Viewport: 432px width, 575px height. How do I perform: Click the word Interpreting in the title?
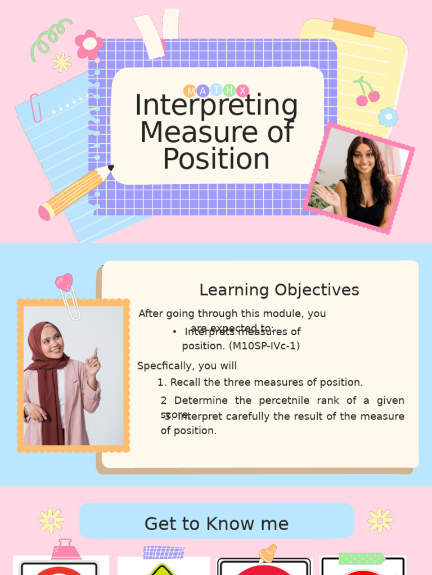pyautogui.click(x=217, y=107)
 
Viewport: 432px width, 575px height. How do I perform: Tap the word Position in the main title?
pyautogui.click(x=217, y=159)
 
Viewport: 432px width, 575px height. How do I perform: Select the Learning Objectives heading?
pyautogui.click(x=279, y=290)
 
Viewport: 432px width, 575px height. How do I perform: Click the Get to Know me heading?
pyautogui.click(x=217, y=523)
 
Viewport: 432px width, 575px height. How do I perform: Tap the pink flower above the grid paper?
pyautogui.click(x=89, y=44)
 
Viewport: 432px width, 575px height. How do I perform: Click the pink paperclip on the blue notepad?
pyautogui.click(x=35, y=108)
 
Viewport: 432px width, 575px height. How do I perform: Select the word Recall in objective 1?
pyautogui.click(x=186, y=382)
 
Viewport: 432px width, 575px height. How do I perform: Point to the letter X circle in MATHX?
pyautogui.click(x=242, y=90)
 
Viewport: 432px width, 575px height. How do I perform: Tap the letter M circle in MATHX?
pyautogui.click(x=190, y=90)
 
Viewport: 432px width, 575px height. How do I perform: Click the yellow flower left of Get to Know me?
pyautogui.click(x=51, y=521)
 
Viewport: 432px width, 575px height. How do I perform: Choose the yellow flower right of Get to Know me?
pyautogui.click(x=380, y=521)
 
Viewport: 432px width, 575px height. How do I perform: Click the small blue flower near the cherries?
pyautogui.click(x=388, y=117)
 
